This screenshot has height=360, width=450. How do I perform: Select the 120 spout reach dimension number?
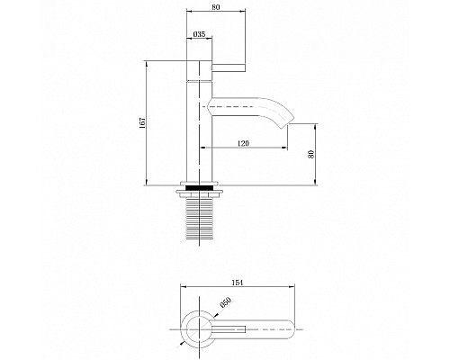(x=243, y=143)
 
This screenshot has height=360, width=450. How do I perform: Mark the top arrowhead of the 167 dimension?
(x=146, y=64)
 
